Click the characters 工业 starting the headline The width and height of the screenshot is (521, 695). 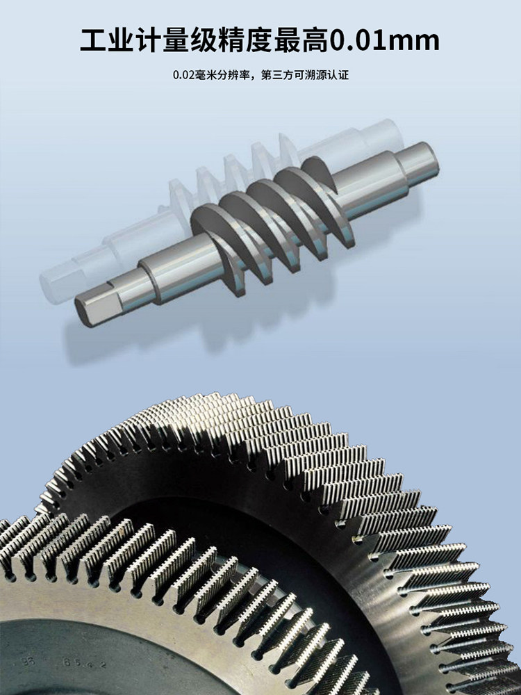pyautogui.click(x=107, y=41)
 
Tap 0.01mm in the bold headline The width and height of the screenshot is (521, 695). pyautogui.click(x=384, y=41)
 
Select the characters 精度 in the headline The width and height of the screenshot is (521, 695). pyautogui.click(x=245, y=41)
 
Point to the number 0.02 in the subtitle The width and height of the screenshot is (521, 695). pyautogui.click(x=183, y=75)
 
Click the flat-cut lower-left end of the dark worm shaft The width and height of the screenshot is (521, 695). pyautogui.click(x=92, y=311)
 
